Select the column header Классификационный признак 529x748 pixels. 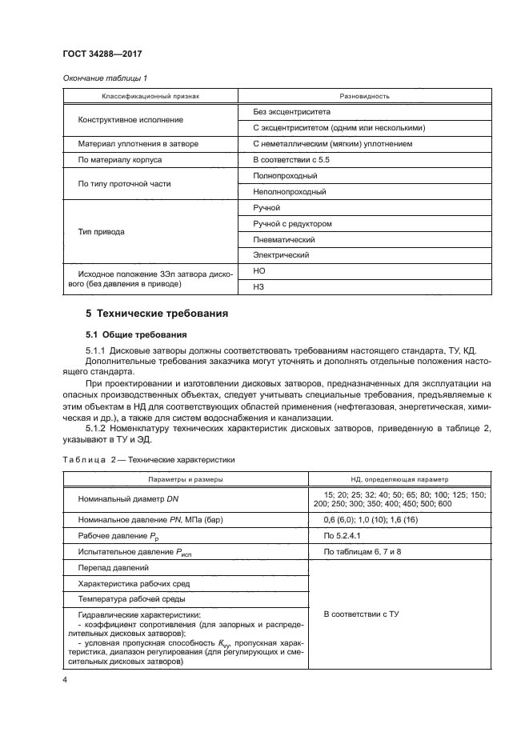(150, 96)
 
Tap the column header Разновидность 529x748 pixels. (365, 96)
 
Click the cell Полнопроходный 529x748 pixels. (285, 175)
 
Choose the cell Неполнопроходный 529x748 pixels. (289, 192)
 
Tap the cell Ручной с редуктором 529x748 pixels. (291, 224)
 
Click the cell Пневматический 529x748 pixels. (283, 240)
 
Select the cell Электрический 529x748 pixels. (281, 256)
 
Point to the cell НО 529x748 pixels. (258, 272)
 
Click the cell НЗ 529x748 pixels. (258, 288)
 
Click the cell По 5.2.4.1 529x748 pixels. (344, 535)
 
